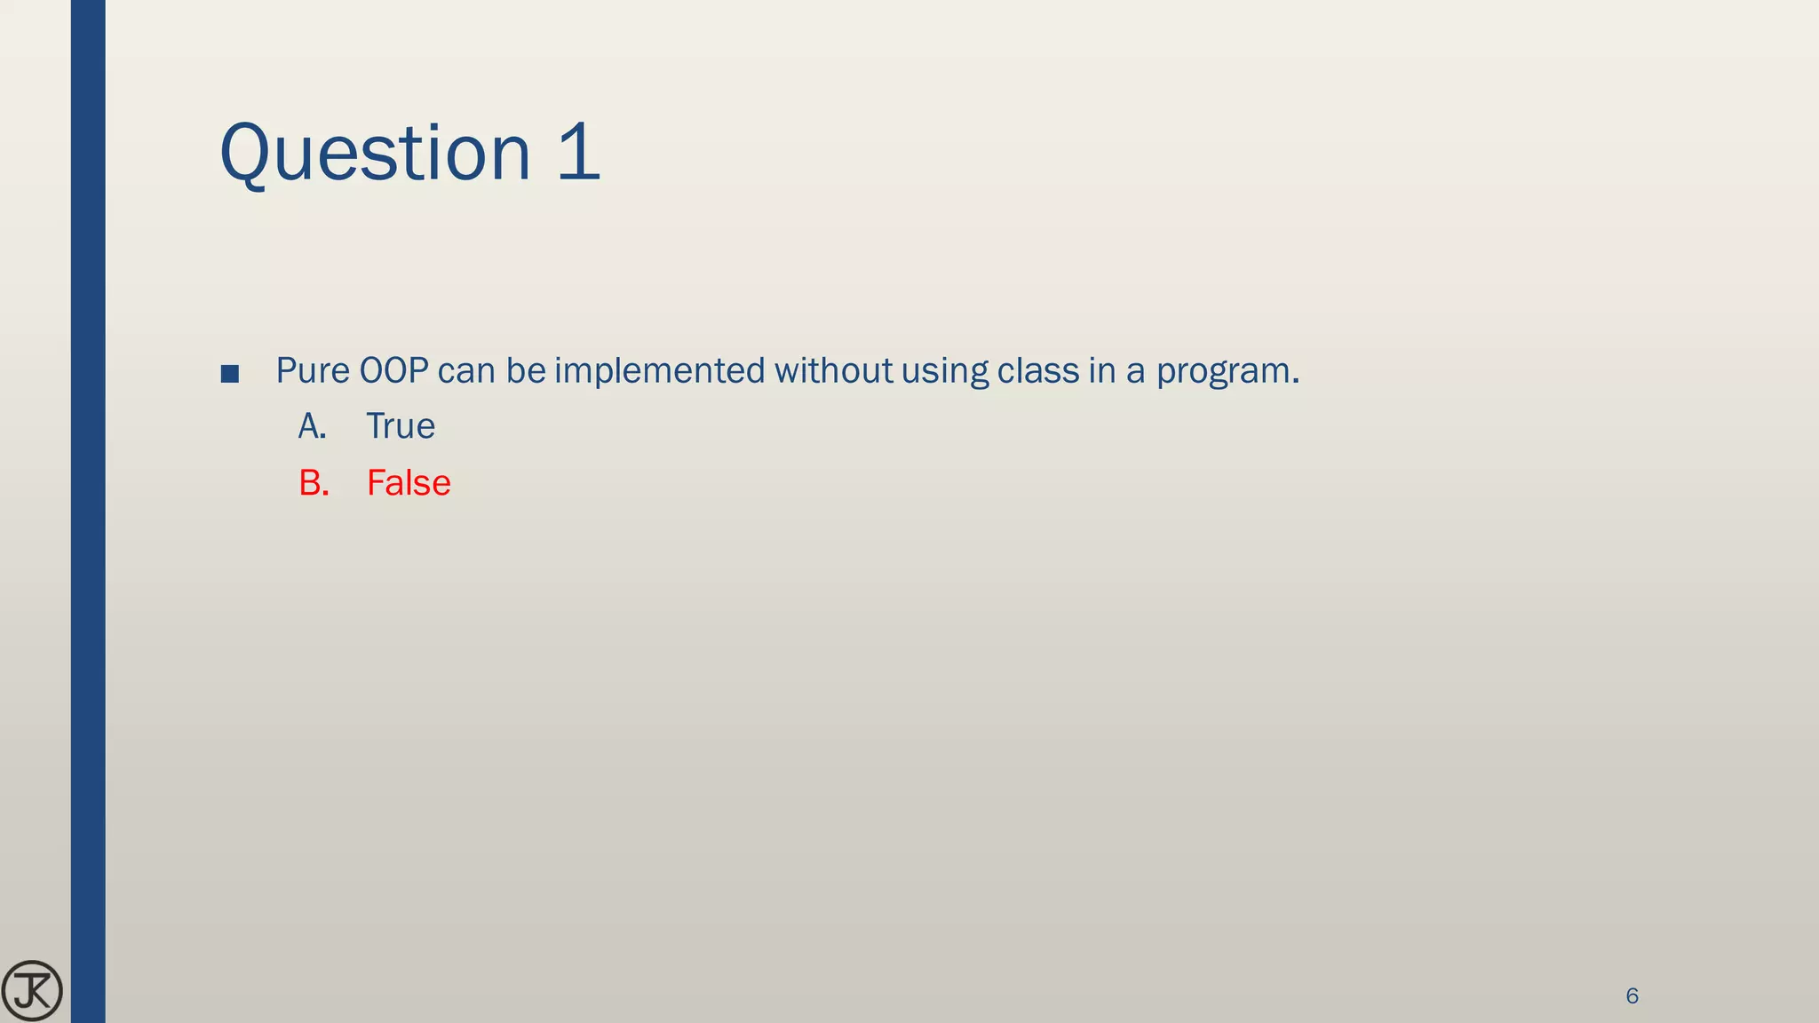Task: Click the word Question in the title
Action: click(374, 154)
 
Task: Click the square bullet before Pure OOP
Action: click(229, 374)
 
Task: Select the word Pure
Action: click(313, 371)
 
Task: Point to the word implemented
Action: click(659, 371)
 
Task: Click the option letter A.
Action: click(312, 427)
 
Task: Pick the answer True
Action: click(401, 427)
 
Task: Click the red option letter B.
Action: click(314, 483)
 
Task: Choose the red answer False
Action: click(409, 483)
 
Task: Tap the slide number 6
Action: click(1632, 996)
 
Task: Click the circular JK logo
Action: click(32, 990)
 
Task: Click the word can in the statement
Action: click(467, 371)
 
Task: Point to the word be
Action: click(526, 371)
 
